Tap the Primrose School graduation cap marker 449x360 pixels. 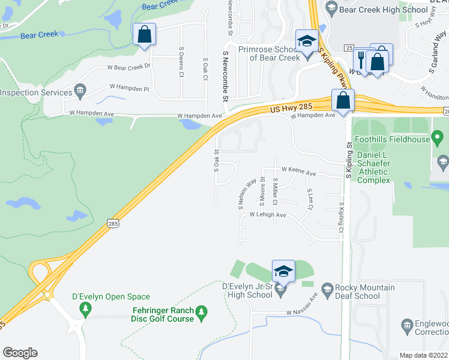[307, 41]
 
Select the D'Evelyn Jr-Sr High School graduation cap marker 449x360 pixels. [283, 271]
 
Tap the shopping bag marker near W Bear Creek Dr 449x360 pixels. [145, 34]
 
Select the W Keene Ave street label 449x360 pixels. [298, 172]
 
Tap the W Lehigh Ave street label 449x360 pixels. [268, 214]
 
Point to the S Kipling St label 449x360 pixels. [349, 160]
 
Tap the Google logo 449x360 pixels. [20, 353]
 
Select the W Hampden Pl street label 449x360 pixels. [128, 88]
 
